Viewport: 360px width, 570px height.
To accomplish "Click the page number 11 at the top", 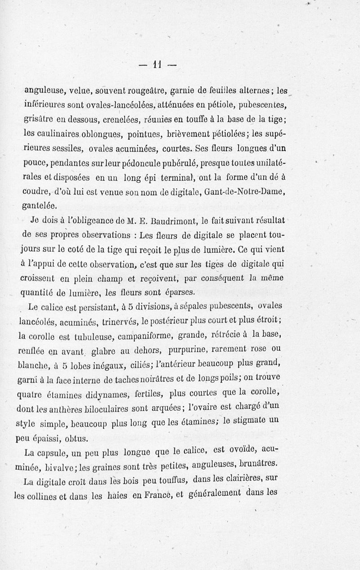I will pos(157,64).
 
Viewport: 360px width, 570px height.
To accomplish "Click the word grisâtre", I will pos(40,120).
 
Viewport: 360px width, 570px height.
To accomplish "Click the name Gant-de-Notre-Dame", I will pos(245,191).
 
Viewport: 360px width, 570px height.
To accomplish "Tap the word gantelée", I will pos(42,206).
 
